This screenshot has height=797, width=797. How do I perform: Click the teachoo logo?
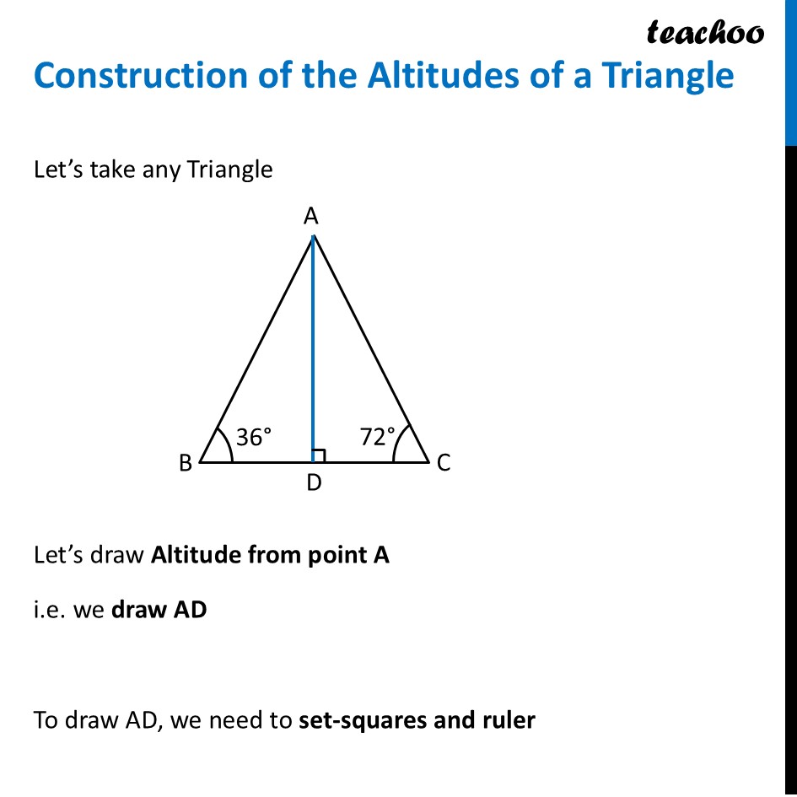(705, 32)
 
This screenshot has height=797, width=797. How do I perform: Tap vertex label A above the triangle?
(311, 217)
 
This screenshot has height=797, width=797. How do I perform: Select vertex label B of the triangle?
(186, 462)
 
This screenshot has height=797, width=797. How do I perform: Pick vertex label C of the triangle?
(443, 462)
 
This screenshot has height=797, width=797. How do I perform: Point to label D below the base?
(314, 484)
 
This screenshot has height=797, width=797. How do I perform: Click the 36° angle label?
(254, 437)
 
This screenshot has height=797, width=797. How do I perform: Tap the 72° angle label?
(377, 437)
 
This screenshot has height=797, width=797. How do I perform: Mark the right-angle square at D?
(319, 456)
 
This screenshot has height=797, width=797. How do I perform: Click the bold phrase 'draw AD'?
(159, 610)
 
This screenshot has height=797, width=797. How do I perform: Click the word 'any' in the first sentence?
(159, 170)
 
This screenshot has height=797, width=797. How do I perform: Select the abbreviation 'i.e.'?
(48, 610)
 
